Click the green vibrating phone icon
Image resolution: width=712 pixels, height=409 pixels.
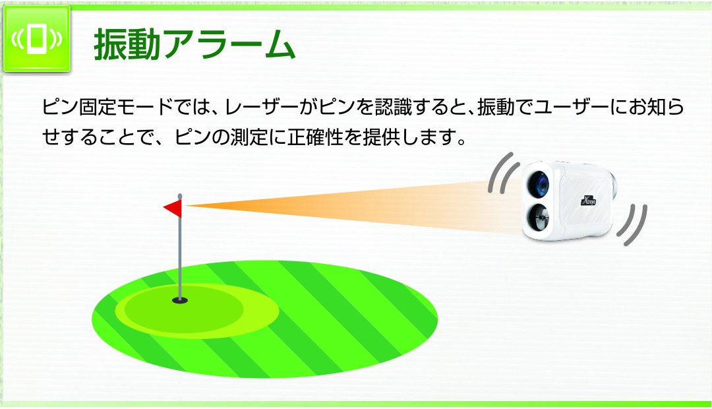tap(37, 39)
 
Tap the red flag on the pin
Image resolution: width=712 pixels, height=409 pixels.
tap(173, 208)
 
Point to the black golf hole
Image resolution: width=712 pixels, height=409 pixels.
tap(180, 300)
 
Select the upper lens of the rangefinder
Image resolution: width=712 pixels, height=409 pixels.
tap(539, 184)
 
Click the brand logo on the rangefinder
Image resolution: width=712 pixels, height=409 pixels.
tap(589, 200)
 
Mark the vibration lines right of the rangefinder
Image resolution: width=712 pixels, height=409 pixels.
tap(632, 225)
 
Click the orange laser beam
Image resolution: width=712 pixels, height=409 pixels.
tap(354, 205)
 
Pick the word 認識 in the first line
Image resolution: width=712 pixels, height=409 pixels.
tap(393, 108)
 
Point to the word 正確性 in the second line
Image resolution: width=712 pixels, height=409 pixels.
tap(315, 137)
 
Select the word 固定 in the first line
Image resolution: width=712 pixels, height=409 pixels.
tap(98, 108)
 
